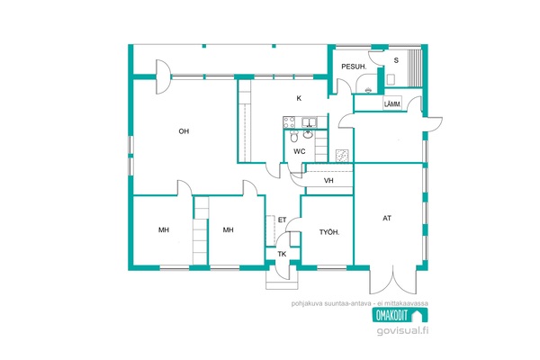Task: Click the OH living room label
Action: (x=184, y=131)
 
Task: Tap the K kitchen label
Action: (x=299, y=98)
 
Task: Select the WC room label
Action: (x=300, y=151)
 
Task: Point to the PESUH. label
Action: (x=354, y=67)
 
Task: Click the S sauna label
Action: (x=396, y=60)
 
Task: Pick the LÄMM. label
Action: (x=392, y=103)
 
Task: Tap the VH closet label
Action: (x=328, y=180)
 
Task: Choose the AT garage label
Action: (x=387, y=218)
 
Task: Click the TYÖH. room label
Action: (x=329, y=232)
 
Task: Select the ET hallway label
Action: (x=282, y=220)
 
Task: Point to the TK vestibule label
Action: (x=282, y=254)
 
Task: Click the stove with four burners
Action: (x=289, y=122)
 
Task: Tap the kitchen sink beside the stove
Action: (x=310, y=122)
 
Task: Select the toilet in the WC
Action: (x=294, y=137)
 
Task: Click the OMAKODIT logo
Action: (x=400, y=315)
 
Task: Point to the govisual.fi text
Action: (x=402, y=330)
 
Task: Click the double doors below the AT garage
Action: (x=392, y=280)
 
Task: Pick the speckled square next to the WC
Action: (x=343, y=156)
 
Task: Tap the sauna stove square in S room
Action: (x=391, y=79)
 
